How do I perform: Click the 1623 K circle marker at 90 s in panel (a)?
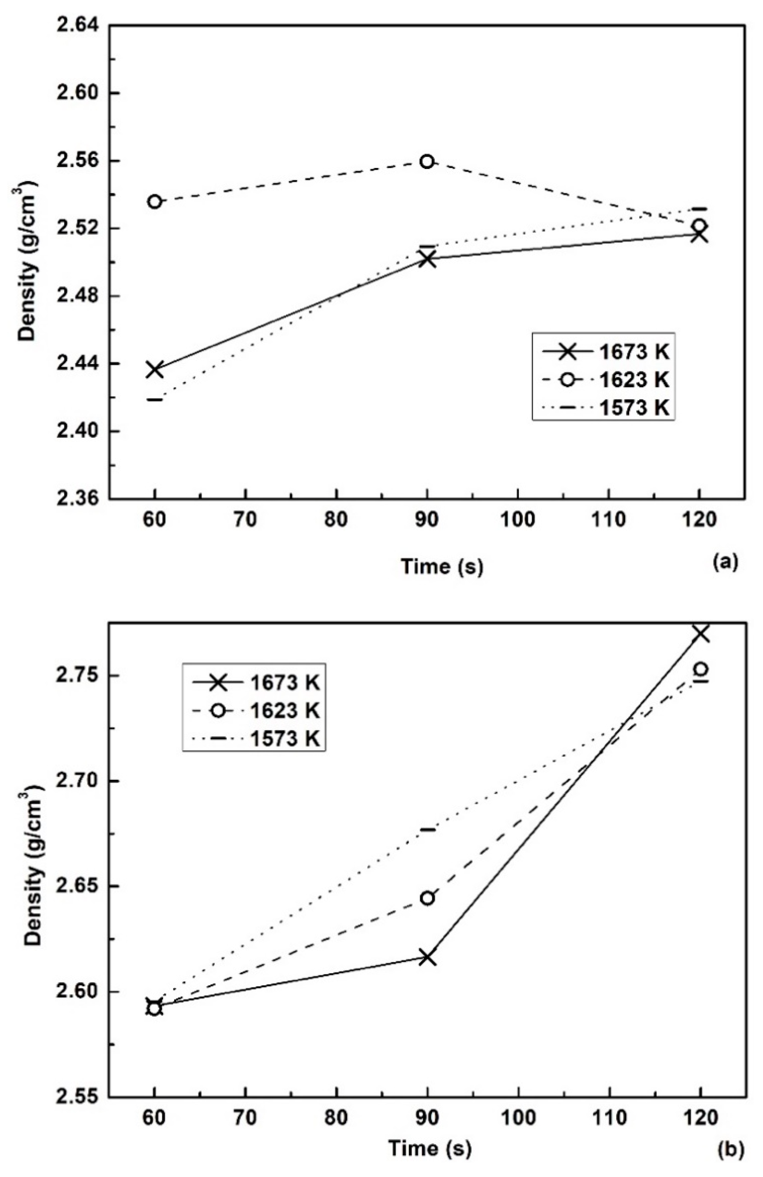[427, 161]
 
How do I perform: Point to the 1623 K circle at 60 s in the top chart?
[155, 202]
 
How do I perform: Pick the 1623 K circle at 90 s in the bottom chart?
[427, 898]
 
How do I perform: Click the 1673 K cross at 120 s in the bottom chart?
[701, 633]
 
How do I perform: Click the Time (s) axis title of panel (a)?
[442, 566]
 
